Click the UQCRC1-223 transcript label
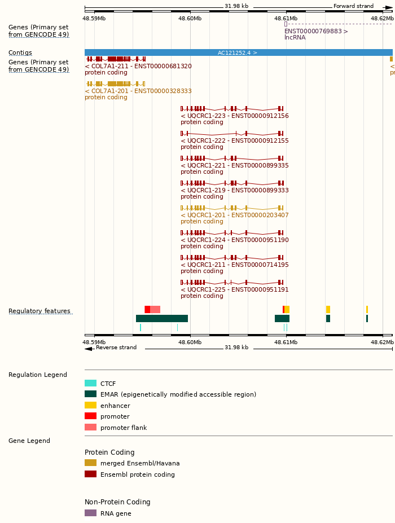[234, 116]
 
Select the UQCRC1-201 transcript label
[234, 215]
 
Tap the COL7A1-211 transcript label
[138, 66]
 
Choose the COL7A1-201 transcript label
[138, 91]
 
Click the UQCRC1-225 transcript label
[234, 289]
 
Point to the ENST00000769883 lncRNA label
[316, 31]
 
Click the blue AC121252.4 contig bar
[238, 52]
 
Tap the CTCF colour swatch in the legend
[90, 383]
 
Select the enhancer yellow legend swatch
[90, 405]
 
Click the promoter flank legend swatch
[90, 427]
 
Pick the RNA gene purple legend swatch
[90, 513]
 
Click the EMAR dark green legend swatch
[90, 394]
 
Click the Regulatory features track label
[39, 311]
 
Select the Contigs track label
[20, 52]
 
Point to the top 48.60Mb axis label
[190, 18]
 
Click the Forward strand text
[353, 6]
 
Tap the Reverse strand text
[116, 348]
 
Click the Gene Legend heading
[29, 441]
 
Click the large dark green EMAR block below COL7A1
[162, 318]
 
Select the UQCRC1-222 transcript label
[234, 140]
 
